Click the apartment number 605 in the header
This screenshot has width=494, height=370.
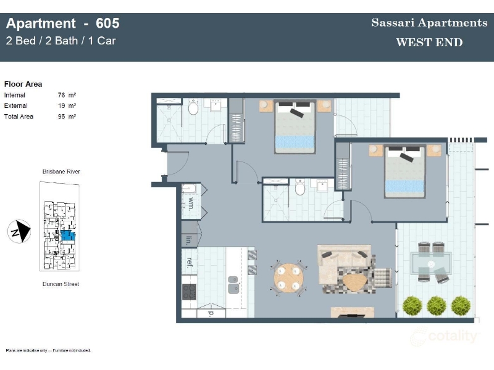point(107,23)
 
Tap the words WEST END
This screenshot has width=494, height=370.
point(429,42)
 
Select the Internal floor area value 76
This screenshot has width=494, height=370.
point(61,95)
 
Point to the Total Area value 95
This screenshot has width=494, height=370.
point(61,117)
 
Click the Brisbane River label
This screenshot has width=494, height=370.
point(61,171)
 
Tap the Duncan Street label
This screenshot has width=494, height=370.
point(61,284)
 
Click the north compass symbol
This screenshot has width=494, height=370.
point(19,232)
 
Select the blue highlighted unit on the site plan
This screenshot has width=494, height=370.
point(68,235)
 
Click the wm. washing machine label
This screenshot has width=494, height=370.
point(191,203)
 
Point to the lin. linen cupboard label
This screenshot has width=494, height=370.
point(189,240)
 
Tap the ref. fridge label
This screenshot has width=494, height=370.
point(190,263)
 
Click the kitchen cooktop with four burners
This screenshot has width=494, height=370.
point(189,292)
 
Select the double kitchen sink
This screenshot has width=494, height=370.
point(233,284)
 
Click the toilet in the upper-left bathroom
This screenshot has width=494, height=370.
point(193,107)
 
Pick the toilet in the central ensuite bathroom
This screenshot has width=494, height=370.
point(300,187)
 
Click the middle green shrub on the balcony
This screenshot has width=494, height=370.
point(437,305)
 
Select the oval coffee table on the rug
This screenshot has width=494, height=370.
point(354,282)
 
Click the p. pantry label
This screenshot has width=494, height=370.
point(211,313)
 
